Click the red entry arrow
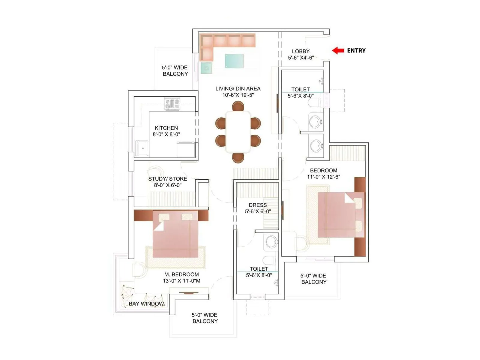click(x=338, y=50)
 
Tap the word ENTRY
click(x=356, y=51)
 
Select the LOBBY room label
click(x=301, y=51)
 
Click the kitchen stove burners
click(x=172, y=104)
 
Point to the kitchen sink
click(x=142, y=148)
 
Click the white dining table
click(x=238, y=132)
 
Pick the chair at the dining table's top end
click(x=238, y=106)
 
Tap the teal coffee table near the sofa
click(x=234, y=61)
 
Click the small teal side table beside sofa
click(x=206, y=68)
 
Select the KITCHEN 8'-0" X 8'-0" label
click(x=166, y=131)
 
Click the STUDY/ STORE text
click(x=167, y=179)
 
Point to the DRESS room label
click(x=257, y=205)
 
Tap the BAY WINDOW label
click(x=146, y=304)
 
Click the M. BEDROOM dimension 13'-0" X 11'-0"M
click(x=181, y=281)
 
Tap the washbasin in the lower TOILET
click(x=271, y=242)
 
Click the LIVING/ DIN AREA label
click(x=238, y=88)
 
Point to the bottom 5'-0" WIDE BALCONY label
click(x=205, y=318)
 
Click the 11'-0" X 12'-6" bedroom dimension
click(x=323, y=177)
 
